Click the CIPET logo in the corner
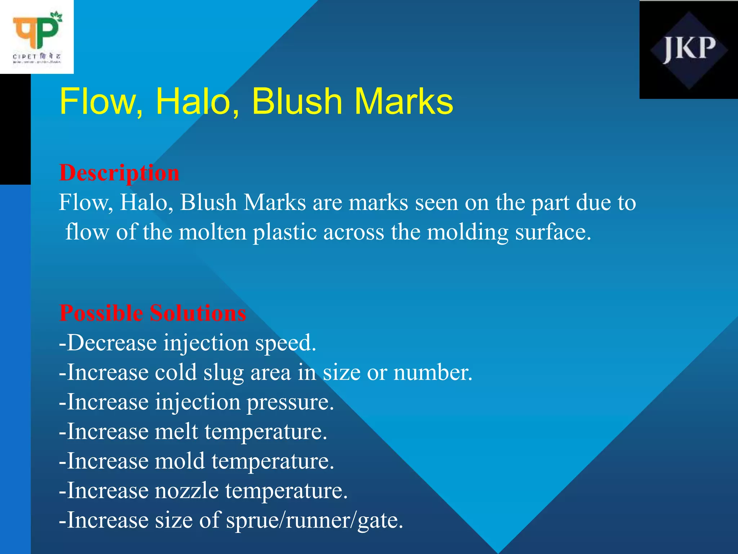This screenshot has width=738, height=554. (x=37, y=37)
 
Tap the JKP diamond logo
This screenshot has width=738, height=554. (x=689, y=50)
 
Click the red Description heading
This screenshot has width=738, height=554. (x=119, y=173)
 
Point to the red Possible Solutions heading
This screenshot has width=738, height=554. (x=153, y=313)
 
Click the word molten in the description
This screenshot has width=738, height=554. (x=213, y=232)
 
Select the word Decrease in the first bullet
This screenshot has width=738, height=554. (x=112, y=343)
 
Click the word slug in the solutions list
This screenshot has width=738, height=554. (x=224, y=373)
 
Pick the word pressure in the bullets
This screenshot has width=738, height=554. (x=290, y=403)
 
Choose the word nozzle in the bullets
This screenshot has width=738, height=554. (x=187, y=491)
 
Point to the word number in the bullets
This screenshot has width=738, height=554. (x=432, y=373)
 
